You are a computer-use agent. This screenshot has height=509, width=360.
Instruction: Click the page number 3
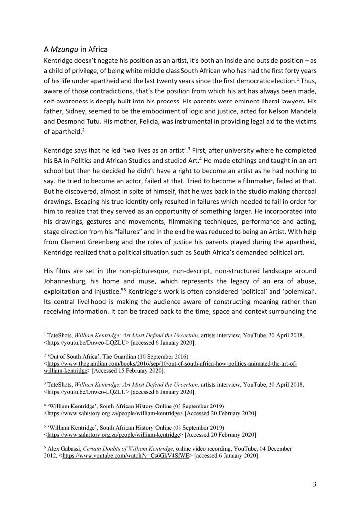(x=314, y=485)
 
